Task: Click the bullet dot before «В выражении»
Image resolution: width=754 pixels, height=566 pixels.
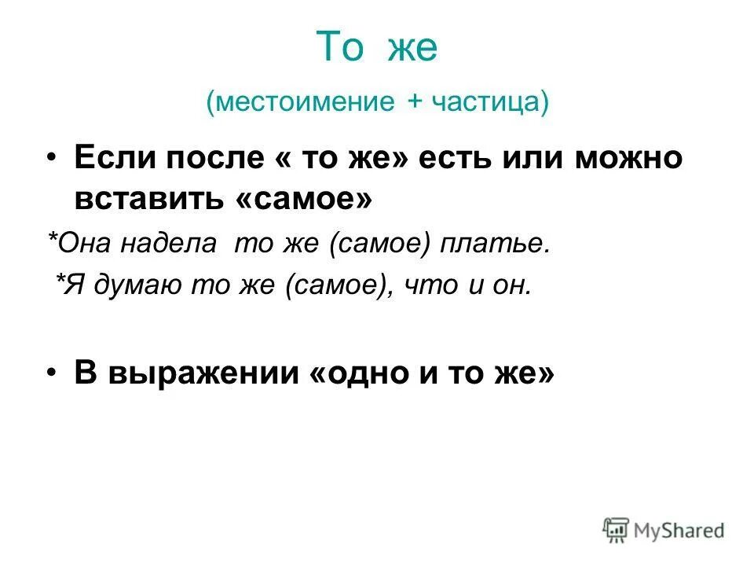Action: pyautogui.click(x=51, y=373)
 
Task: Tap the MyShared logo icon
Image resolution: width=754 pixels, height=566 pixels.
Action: pyautogui.click(x=616, y=529)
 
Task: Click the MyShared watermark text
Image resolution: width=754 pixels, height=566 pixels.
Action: pyautogui.click(x=679, y=531)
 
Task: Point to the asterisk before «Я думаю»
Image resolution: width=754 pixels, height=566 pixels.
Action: pyautogui.click(x=60, y=281)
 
